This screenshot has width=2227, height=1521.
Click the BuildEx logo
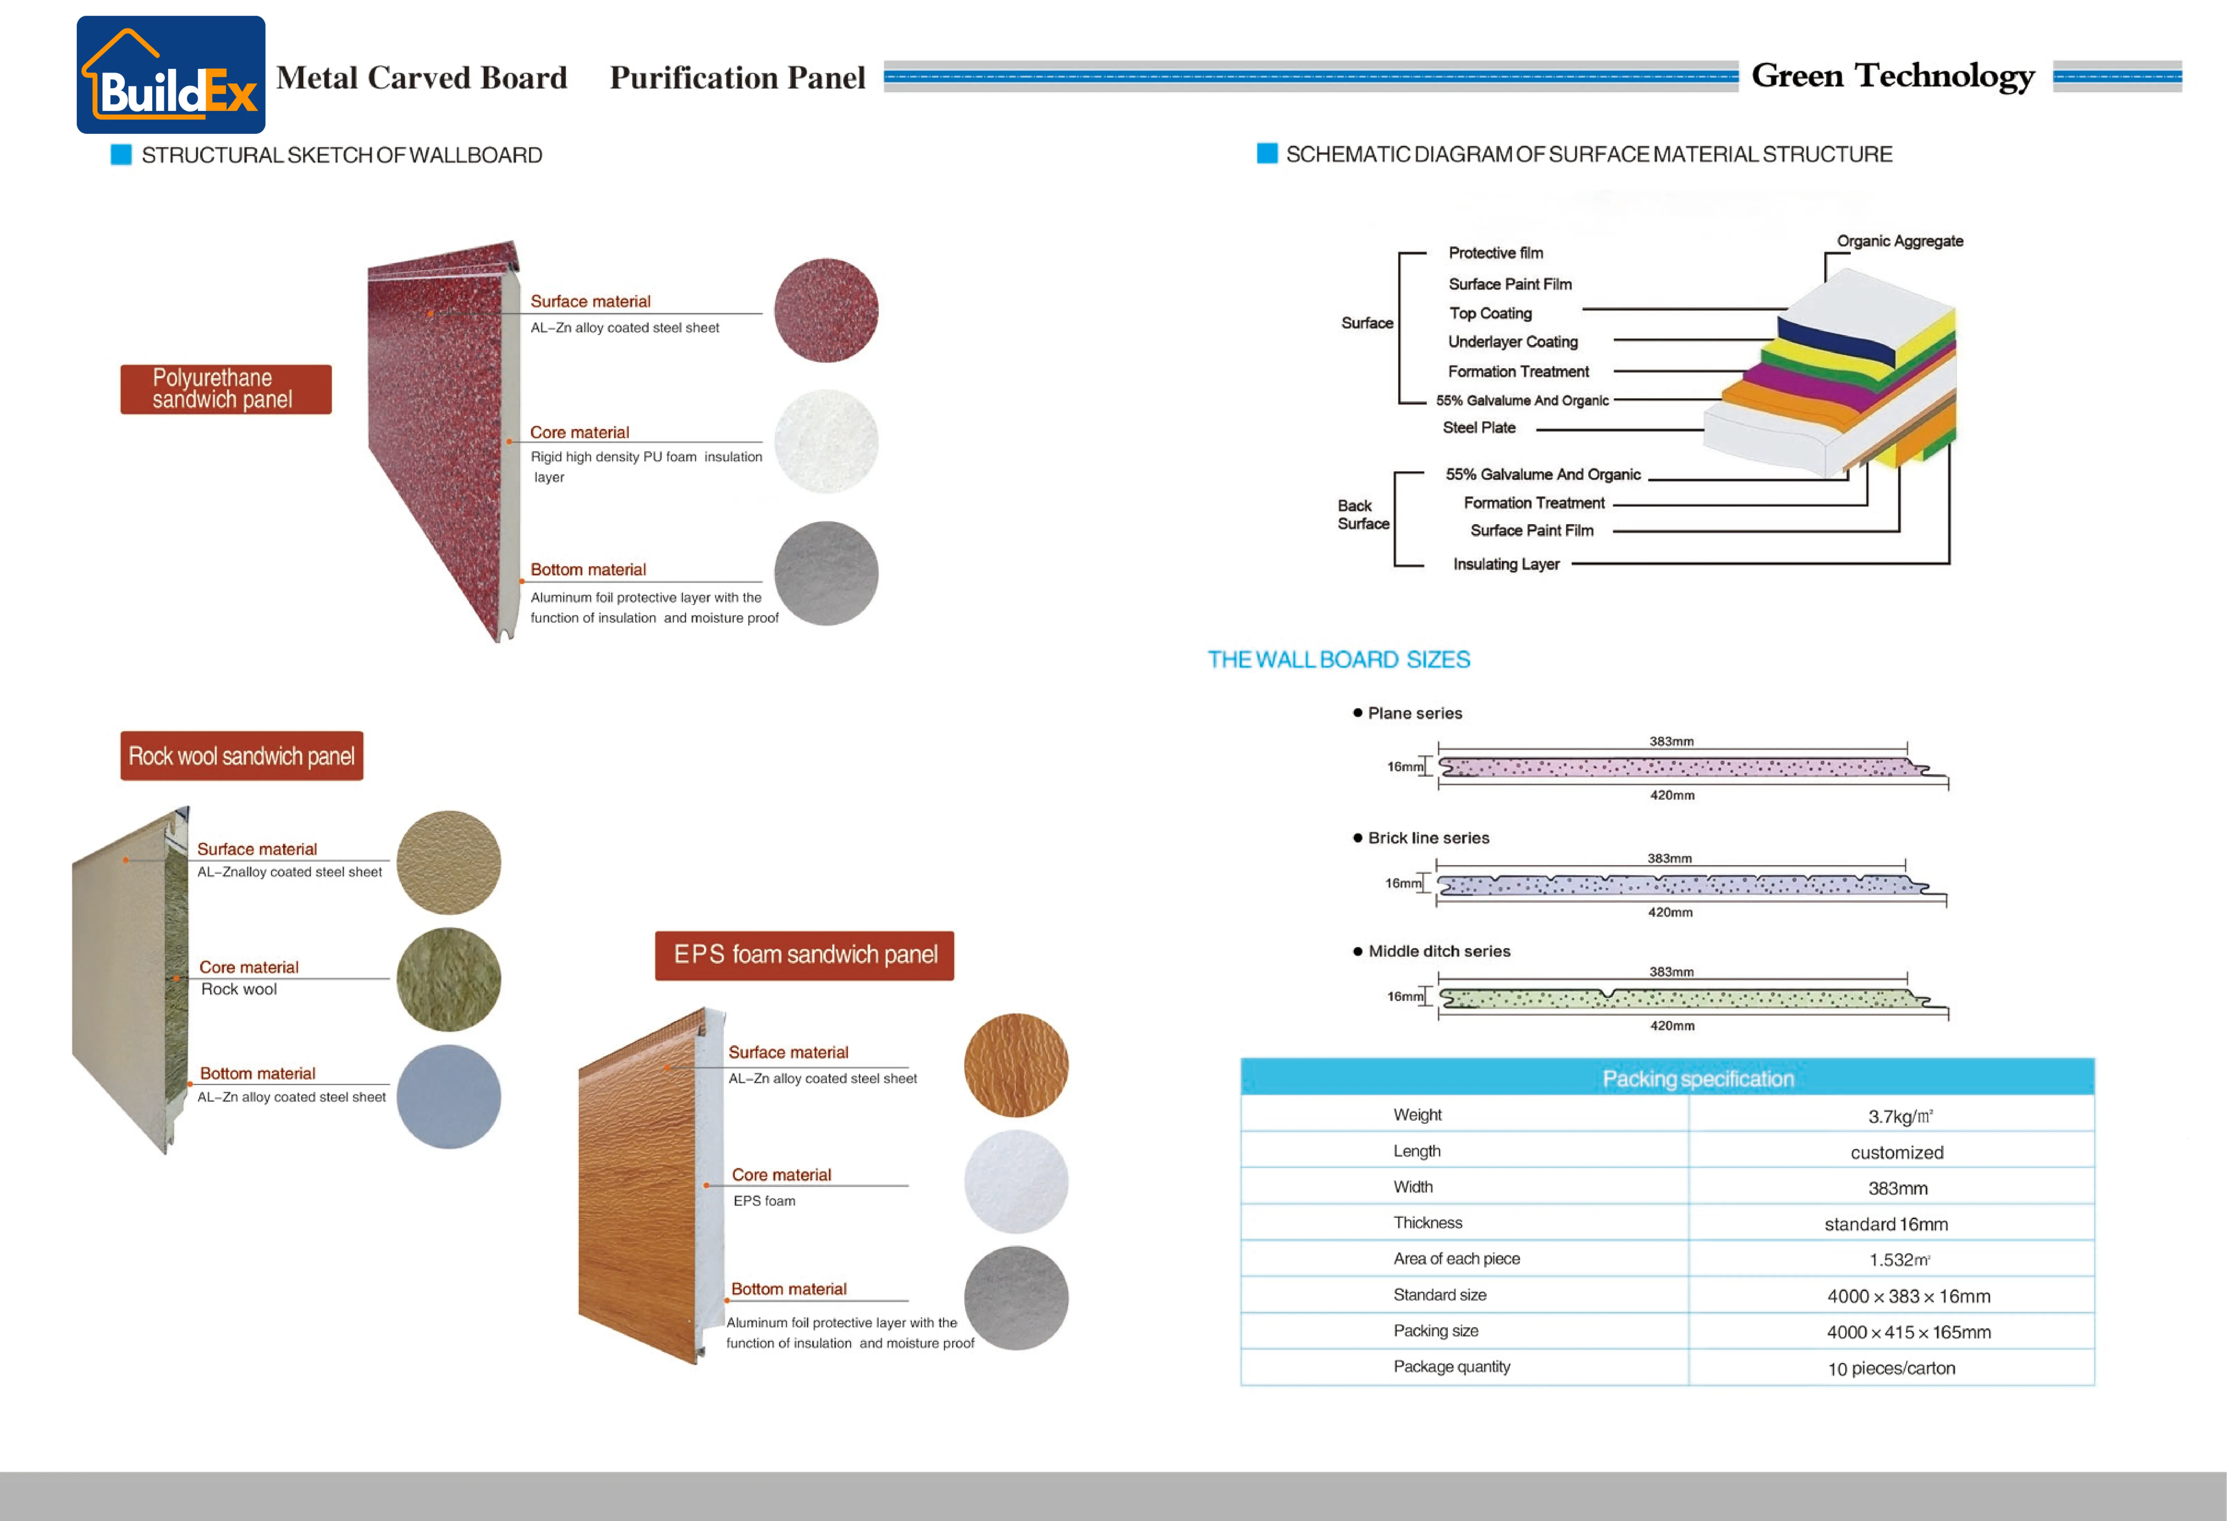click(x=170, y=75)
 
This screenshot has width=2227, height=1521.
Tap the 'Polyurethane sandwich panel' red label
click(x=226, y=389)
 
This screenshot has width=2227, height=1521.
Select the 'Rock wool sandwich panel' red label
click(x=241, y=756)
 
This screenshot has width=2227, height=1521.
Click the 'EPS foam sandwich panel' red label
click(x=805, y=956)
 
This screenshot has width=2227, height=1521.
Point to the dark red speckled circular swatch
click(x=826, y=310)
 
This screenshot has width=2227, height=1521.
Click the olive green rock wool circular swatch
click(x=449, y=980)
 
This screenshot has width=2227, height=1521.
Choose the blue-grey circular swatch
click(x=449, y=1096)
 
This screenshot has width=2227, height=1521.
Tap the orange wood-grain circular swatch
click(x=1016, y=1065)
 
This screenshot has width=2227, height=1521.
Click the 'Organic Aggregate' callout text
click(x=1899, y=242)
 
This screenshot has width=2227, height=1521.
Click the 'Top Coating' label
click(x=1490, y=313)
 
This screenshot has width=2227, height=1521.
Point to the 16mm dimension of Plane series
click(x=1405, y=767)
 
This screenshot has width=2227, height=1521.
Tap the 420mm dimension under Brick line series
click(x=1669, y=912)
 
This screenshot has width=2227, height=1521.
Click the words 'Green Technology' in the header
click(x=1893, y=76)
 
